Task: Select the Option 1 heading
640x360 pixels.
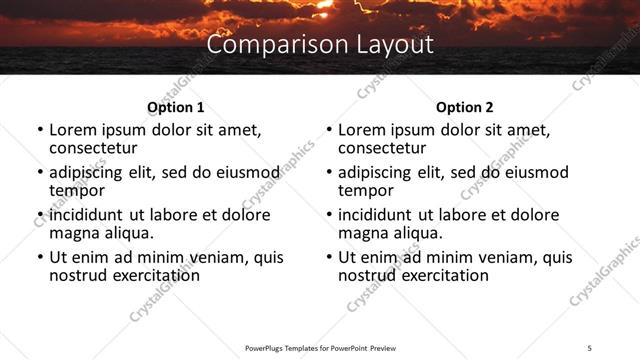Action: tap(175, 107)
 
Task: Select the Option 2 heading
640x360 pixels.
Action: tap(464, 107)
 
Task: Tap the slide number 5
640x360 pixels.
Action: tap(590, 347)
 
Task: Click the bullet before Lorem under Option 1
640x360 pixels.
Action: tap(40, 131)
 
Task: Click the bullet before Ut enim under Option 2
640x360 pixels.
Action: tap(329, 257)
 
